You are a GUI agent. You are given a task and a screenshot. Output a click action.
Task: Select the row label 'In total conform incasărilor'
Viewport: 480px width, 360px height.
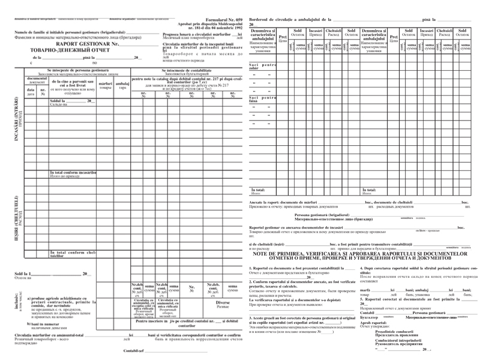tap(73, 173)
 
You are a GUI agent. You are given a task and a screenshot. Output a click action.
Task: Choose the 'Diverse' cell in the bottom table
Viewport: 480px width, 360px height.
tap(223, 303)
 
